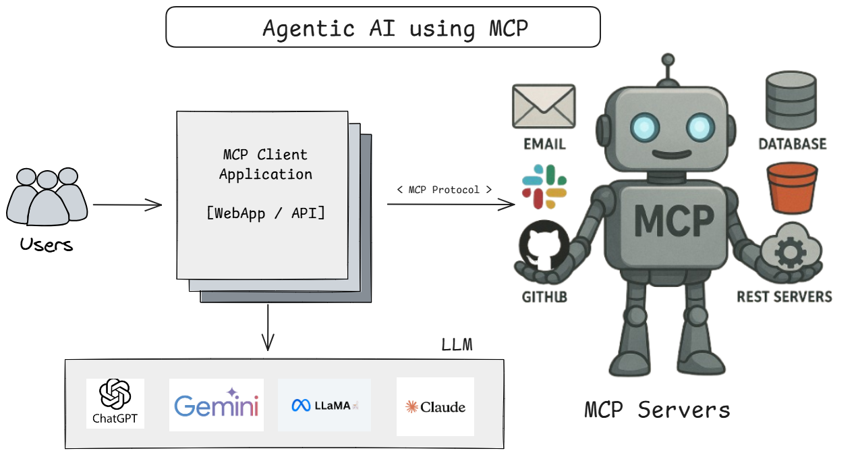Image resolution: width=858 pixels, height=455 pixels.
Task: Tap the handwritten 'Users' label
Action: point(47,244)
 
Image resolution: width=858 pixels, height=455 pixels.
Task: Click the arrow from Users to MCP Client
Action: point(127,205)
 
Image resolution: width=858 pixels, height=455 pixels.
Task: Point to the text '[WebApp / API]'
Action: point(266,213)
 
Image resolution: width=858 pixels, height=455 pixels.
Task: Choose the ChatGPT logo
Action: point(115,403)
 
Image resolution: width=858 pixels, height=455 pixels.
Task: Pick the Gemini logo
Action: point(216,404)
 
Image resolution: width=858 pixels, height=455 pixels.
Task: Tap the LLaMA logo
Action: point(324,405)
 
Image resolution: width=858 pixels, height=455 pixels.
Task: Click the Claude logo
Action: point(435,406)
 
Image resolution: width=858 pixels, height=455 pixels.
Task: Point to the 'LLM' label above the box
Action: point(457,345)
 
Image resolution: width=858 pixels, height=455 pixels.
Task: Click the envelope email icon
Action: point(544,106)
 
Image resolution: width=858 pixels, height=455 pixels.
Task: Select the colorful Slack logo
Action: point(544,186)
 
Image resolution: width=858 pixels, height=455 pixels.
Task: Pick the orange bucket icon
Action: point(791,188)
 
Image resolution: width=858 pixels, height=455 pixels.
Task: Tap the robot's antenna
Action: point(668,68)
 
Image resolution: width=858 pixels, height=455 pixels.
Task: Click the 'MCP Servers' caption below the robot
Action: point(656,409)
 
